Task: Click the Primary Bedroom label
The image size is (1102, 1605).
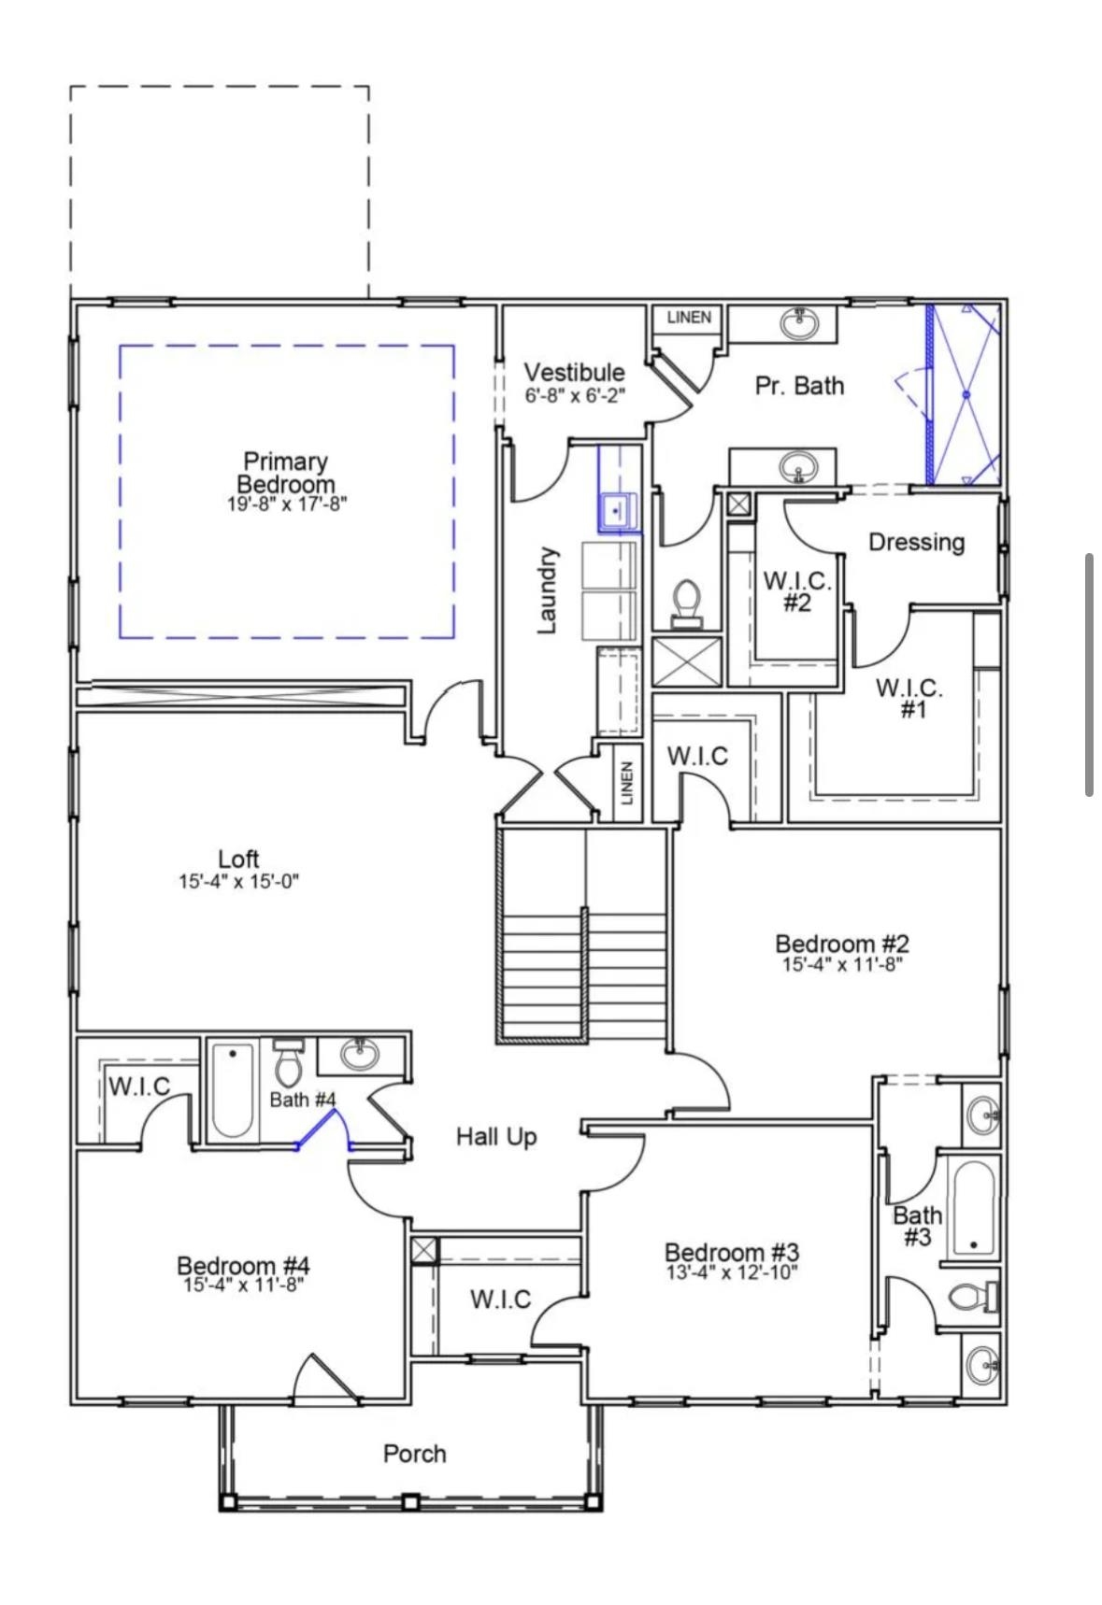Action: (285, 473)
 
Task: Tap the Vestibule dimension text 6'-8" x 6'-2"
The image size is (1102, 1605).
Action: (574, 395)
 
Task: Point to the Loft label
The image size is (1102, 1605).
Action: (238, 859)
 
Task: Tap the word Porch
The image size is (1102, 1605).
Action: (414, 1454)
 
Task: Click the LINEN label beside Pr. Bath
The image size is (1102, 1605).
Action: (689, 318)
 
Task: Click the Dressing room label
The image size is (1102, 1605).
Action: (916, 542)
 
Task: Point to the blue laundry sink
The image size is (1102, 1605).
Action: (617, 511)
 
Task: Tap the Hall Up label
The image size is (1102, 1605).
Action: (496, 1137)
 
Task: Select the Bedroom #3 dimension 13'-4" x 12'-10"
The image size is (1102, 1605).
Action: (732, 1272)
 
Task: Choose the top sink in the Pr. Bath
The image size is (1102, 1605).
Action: (799, 323)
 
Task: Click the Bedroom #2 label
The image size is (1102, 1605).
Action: (841, 944)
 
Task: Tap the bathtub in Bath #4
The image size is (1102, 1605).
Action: (232, 1089)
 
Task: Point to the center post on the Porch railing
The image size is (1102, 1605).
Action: (409, 1502)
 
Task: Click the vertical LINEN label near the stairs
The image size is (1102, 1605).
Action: (627, 783)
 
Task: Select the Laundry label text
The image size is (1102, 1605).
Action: (548, 590)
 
